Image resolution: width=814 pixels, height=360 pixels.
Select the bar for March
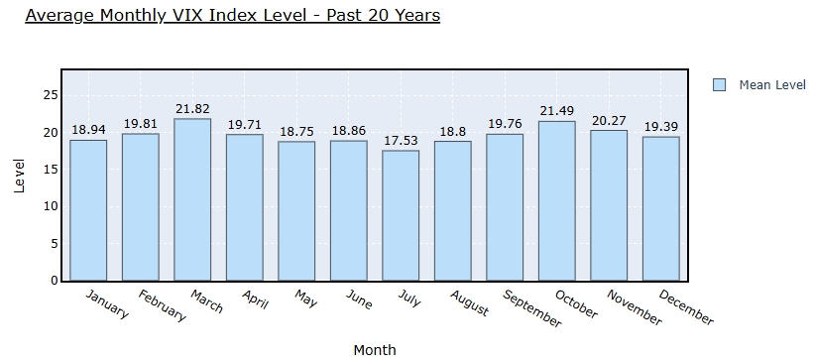click(192, 200)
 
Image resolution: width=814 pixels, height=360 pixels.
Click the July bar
click(401, 215)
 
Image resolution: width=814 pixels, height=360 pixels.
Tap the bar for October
click(557, 201)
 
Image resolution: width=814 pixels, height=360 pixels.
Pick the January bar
click(88, 210)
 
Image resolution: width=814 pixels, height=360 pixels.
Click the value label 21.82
click(192, 108)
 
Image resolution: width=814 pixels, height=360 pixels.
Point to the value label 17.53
click(401, 140)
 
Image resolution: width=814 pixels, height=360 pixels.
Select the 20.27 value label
click(609, 121)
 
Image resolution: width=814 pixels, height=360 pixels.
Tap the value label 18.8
click(453, 131)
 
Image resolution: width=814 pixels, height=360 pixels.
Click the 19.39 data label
click(661, 127)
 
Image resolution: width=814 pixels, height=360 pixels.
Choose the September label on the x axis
click(531, 308)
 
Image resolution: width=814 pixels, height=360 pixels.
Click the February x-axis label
click(162, 306)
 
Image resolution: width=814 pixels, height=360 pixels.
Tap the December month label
click(686, 307)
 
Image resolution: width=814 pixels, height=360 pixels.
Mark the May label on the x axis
click(305, 299)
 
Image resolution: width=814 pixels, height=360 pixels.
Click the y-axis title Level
click(19, 177)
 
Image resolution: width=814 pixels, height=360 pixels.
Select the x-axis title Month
click(375, 350)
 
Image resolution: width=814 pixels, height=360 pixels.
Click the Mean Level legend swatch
click(719, 85)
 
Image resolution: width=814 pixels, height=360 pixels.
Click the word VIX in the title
click(187, 15)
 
